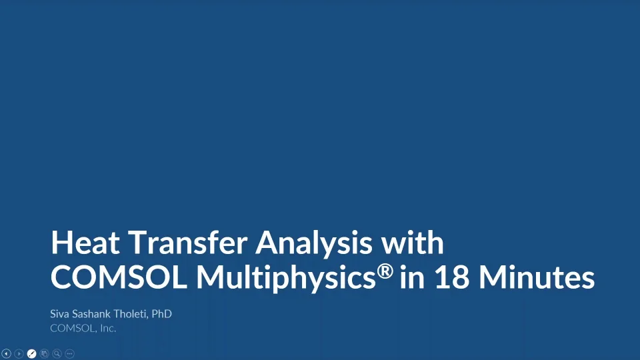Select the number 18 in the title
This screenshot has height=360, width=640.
(452, 278)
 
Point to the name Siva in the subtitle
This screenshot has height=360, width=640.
(60, 313)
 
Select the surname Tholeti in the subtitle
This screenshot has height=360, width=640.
(133, 313)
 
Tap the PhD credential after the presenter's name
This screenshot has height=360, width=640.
(162, 313)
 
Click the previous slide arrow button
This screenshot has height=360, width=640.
(7, 353)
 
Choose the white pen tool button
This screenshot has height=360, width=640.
(31, 353)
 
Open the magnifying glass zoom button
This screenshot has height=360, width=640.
(57, 353)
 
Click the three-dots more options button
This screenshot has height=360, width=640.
(69, 353)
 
